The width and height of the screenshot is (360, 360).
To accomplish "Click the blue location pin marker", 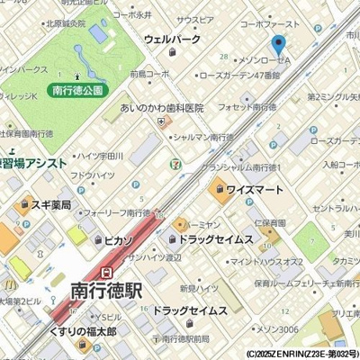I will pos(279,45).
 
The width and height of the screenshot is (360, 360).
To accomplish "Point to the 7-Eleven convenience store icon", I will pos(174,164).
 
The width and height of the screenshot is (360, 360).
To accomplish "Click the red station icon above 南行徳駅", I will pos(107,271).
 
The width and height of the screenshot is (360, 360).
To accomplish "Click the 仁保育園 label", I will pos(269,221).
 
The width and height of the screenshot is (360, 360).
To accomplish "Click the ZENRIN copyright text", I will pos(301,354).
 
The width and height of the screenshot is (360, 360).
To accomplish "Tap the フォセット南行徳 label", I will pos(247,107).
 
